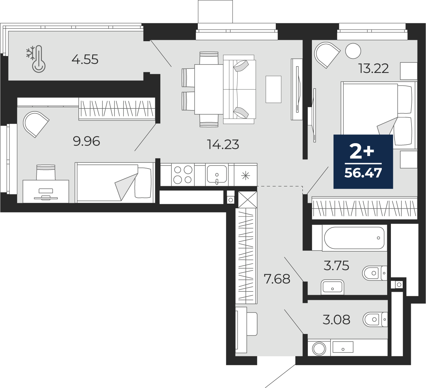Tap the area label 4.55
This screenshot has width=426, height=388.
pos(85,59)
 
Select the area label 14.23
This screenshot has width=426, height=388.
pos(223,145)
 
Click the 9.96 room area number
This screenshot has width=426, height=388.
pos(86,141)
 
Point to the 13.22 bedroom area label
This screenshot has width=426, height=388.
pos(374,69)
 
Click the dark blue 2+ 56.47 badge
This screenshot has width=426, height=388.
pos(363,162)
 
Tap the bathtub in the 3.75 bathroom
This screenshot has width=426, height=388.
pos(354,238)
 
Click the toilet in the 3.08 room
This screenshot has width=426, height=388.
pos(374,319)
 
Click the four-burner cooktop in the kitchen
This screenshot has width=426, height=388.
pos(183,175)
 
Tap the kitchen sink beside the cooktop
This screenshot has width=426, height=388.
pos(216,175)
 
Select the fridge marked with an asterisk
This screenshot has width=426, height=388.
pos(246,175)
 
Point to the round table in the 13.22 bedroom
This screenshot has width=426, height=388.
pos(353,51)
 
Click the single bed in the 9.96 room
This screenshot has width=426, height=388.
pos(115,182)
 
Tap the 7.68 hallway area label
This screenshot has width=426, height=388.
pos(277,279)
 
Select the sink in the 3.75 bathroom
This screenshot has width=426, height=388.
pos(332,287)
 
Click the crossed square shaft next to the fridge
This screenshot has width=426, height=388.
pos(247,200)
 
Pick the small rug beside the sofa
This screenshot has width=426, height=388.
pos(273,89)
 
